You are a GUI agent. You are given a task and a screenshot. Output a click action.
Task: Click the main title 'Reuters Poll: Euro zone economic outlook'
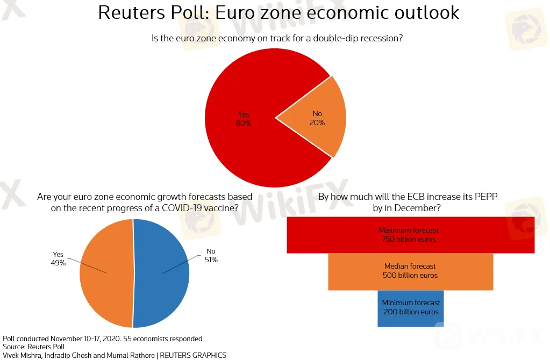pos(278,12)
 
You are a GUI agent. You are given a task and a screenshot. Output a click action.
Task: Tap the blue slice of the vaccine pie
pos(167,290)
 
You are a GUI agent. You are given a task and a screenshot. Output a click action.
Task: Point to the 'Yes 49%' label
pos(58,259)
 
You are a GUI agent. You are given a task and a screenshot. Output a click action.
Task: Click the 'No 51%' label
pos(211,256)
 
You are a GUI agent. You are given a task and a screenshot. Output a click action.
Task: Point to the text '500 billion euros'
pos(410,276)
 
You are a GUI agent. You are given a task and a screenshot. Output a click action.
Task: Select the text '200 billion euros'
pos(411,312)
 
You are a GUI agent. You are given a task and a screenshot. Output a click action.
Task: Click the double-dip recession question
pos(278,38)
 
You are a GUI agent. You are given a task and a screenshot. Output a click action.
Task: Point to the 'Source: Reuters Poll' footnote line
pos(33,347)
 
